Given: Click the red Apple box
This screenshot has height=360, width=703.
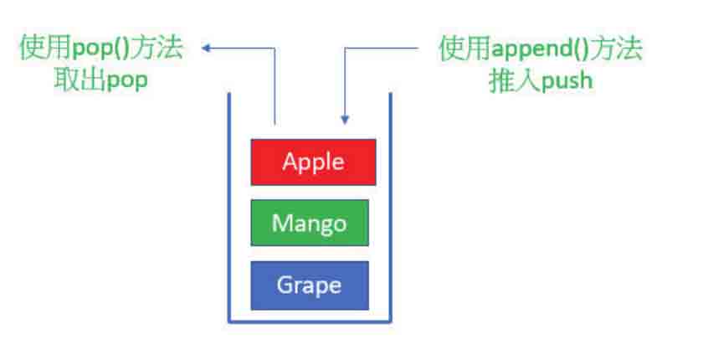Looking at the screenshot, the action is coord(313,162).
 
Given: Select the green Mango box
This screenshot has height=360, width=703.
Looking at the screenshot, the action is coord(310,223).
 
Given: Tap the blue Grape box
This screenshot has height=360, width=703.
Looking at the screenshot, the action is coord(310,285).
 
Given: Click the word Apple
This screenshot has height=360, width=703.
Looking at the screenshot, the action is coord(313,162).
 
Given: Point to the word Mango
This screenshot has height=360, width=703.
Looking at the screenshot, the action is coord(310,224).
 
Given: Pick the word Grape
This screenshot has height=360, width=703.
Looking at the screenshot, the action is coord(309,285).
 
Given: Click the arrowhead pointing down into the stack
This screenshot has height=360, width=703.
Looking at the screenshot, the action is coord(345,120).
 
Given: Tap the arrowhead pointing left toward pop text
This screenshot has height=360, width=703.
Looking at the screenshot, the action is coord(206,48).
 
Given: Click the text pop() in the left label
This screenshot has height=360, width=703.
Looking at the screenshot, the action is coord(101,49).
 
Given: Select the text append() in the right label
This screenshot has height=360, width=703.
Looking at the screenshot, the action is coord(541,49).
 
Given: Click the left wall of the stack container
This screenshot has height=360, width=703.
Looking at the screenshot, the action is coord(229,207).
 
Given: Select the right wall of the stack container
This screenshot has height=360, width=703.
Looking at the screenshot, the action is coord(391,207).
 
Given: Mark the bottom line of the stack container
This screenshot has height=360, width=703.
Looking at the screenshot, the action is coord(310,321).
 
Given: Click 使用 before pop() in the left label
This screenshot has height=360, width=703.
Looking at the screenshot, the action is coord(46,48).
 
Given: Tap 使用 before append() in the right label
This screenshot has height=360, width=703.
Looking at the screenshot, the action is coord(465,49).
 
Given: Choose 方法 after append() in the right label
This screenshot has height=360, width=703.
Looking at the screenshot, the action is coord(616,49).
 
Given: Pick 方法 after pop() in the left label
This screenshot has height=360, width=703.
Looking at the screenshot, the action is coord(157,48).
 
